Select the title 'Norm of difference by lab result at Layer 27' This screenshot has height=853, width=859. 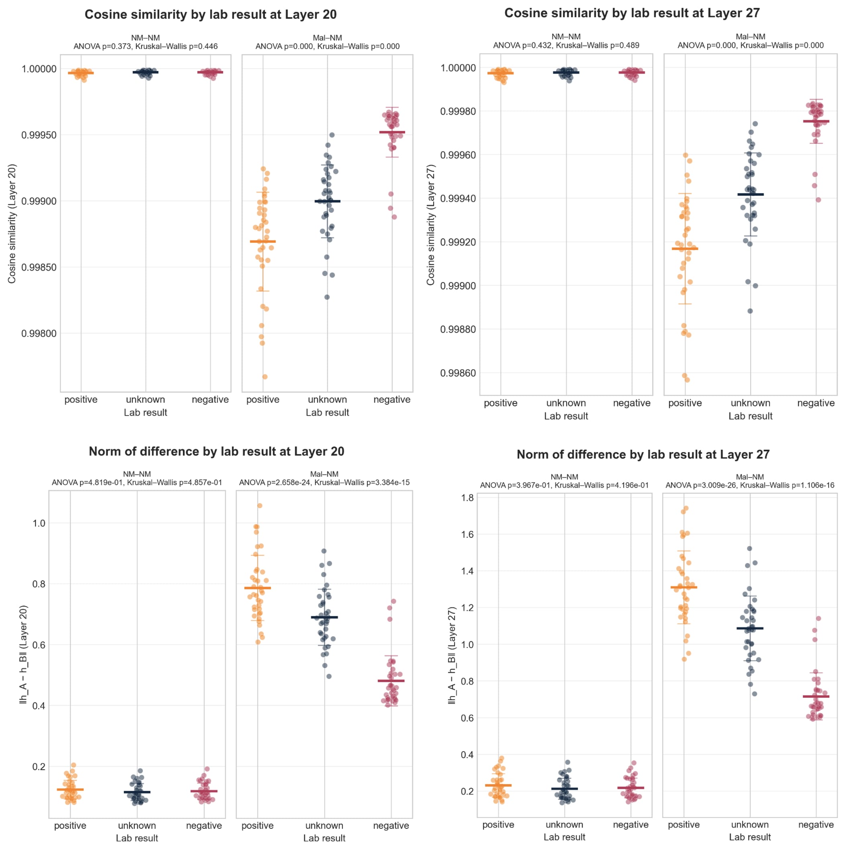click(642, 455)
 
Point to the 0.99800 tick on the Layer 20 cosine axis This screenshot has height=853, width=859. click(39, 334)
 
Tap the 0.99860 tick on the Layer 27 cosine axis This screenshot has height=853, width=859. click(458, 373)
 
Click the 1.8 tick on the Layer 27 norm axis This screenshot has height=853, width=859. click(468, 498)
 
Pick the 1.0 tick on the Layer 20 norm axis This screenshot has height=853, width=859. click(39, 523)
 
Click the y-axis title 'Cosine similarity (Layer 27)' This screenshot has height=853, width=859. click(430, 225)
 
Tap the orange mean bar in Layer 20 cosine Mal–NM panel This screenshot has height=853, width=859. click(263, 242)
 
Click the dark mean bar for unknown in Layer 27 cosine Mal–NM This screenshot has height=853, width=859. click(751, 194)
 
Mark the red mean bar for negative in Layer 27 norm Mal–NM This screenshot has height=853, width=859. click(816, 697)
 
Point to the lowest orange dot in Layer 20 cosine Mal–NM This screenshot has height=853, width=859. click(264, 377)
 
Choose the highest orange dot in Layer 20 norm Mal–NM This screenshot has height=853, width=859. click(260, 506)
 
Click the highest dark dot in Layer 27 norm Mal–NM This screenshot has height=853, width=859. click(749, 548)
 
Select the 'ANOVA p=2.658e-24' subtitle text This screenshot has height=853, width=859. click(276, 482)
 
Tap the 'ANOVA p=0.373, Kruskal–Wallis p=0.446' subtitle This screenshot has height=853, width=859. click(145, 46)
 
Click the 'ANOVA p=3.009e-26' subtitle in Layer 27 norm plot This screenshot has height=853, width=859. click(700, 485)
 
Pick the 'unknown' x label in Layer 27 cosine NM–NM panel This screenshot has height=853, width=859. click(566, 403)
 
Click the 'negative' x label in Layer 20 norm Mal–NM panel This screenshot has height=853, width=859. click(391, 825)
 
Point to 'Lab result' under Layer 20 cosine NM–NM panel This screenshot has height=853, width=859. click(145, 412)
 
